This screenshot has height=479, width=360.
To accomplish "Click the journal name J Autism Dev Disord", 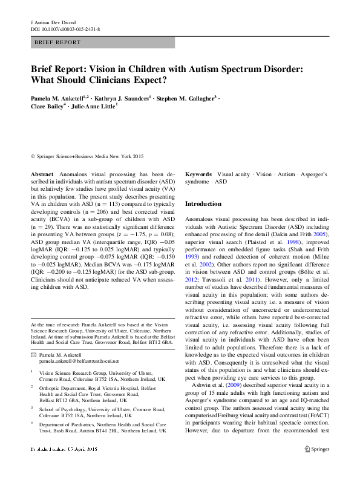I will [53, 22].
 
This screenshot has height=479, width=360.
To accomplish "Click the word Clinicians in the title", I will [119, 79].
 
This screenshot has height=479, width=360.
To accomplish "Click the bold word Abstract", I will [42, 174].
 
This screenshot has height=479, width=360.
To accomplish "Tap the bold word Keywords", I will [198, 174].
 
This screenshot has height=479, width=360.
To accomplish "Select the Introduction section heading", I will [203, 204].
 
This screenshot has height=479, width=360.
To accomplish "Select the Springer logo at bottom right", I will [317, 467].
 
